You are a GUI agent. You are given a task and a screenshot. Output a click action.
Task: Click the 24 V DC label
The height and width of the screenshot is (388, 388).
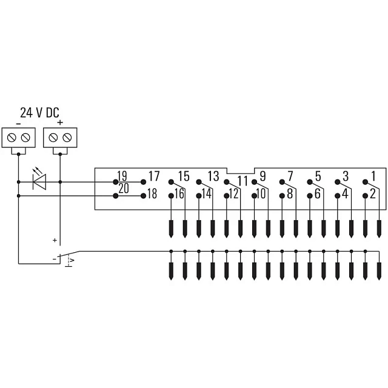point(39,113)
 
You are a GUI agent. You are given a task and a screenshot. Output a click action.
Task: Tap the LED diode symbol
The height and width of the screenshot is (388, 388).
point(39,182)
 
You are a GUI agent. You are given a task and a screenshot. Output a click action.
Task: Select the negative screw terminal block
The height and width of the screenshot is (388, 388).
point(19,138)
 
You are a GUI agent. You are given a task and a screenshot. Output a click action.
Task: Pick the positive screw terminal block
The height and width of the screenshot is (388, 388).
point(60,138)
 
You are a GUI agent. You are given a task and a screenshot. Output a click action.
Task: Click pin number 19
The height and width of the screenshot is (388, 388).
point(122,176)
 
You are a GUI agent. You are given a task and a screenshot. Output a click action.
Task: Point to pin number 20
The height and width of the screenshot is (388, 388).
point(124,189)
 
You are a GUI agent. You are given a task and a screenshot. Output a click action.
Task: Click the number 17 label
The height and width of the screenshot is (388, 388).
point(154,176)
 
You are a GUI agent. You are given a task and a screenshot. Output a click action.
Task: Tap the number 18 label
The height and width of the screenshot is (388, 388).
point(152,194)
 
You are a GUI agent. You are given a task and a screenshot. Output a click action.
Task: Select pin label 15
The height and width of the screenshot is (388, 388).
point(184,176)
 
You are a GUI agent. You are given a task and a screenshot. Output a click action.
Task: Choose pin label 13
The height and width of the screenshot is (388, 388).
point(213,176)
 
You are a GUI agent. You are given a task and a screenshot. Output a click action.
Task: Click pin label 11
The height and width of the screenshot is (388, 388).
point(242,181)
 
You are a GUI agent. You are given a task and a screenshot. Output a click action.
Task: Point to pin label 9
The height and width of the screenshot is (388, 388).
point(263,176)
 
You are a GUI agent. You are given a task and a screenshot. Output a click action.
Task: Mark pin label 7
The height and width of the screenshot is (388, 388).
point(290,176)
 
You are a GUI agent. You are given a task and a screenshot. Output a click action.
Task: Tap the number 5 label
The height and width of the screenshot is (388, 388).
point(318,176)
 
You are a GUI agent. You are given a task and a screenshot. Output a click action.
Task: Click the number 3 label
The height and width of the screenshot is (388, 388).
point(346,176)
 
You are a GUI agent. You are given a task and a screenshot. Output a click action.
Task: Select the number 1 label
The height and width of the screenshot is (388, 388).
point(373,176)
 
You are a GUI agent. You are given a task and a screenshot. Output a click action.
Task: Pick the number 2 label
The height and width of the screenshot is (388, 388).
point(373,194)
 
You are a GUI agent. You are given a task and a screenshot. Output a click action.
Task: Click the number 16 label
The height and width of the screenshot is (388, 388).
point(179,194)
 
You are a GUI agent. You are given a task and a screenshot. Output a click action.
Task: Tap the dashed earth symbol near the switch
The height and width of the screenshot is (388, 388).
point(69,261)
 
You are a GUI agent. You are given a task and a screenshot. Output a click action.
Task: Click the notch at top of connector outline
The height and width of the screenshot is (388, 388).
point(241,171)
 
